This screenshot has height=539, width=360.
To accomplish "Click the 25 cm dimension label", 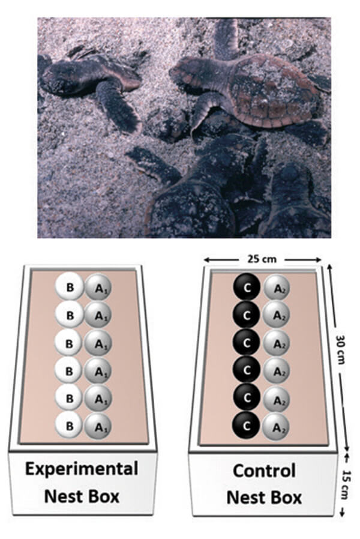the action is [262, 259].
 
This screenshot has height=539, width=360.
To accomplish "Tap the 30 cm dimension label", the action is [341, 349].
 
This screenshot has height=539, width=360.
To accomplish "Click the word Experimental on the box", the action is [82, 469].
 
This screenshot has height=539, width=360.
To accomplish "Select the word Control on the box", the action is [264, 471].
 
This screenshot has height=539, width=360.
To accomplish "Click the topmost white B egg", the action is [70, 287].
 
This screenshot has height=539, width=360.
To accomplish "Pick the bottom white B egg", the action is [70, 426].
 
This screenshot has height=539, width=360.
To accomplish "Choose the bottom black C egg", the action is [246, 426].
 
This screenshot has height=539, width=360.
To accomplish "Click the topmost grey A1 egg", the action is [98, 288].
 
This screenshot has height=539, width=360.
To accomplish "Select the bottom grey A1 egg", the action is [99, 427].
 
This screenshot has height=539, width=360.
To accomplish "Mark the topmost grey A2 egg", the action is [277, 288].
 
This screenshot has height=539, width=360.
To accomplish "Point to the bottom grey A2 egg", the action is [276, 427].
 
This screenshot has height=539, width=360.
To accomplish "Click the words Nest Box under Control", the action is [264, 498].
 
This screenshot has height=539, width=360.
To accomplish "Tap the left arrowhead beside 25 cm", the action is [207, 259].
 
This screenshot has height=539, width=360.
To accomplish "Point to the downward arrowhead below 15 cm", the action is [342, 513].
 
